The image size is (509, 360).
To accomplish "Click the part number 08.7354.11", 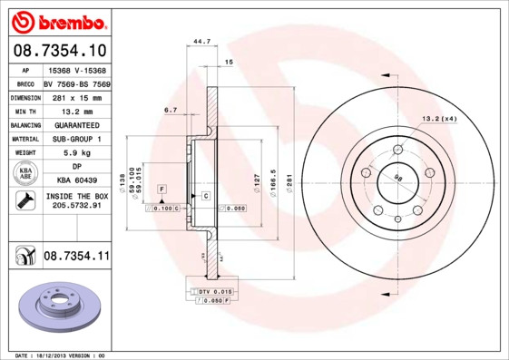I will tap(76, 258).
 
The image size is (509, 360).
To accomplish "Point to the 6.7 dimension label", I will tap(170, 110).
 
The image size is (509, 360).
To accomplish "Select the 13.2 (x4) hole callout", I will tap(437, 119).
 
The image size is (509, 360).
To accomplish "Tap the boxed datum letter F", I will tap(162, 188).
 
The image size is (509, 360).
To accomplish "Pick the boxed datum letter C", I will tap(206, 196).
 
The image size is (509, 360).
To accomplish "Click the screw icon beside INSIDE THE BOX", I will tap(21, 200).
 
